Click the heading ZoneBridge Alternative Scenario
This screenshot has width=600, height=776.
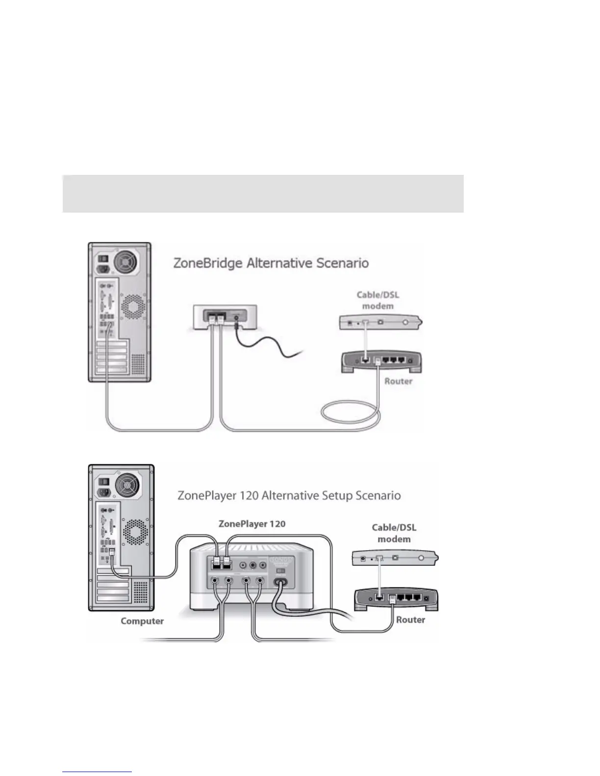[x=271, y=263]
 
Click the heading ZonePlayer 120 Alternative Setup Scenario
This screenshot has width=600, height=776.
[x=289, y=495]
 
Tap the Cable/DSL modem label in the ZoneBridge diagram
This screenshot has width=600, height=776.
[x=377, y=300]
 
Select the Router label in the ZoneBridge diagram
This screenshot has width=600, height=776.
[x=398, y=381]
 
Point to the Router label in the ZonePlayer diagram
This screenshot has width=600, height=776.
[x=410, y=620]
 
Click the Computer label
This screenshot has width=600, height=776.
[x=142, y=621]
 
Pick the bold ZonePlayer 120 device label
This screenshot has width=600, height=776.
[x=252, y=524]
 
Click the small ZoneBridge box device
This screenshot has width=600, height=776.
[x=225, y=319]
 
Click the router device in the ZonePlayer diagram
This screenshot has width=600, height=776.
[x=396, y=599]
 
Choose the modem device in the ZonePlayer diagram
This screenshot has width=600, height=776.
[x=395, y=558]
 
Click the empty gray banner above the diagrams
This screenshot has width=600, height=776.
[x=263, y=194]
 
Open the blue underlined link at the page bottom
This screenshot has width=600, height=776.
[x=97, y=773]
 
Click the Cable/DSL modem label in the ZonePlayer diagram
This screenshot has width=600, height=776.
[x=394, y=533]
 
